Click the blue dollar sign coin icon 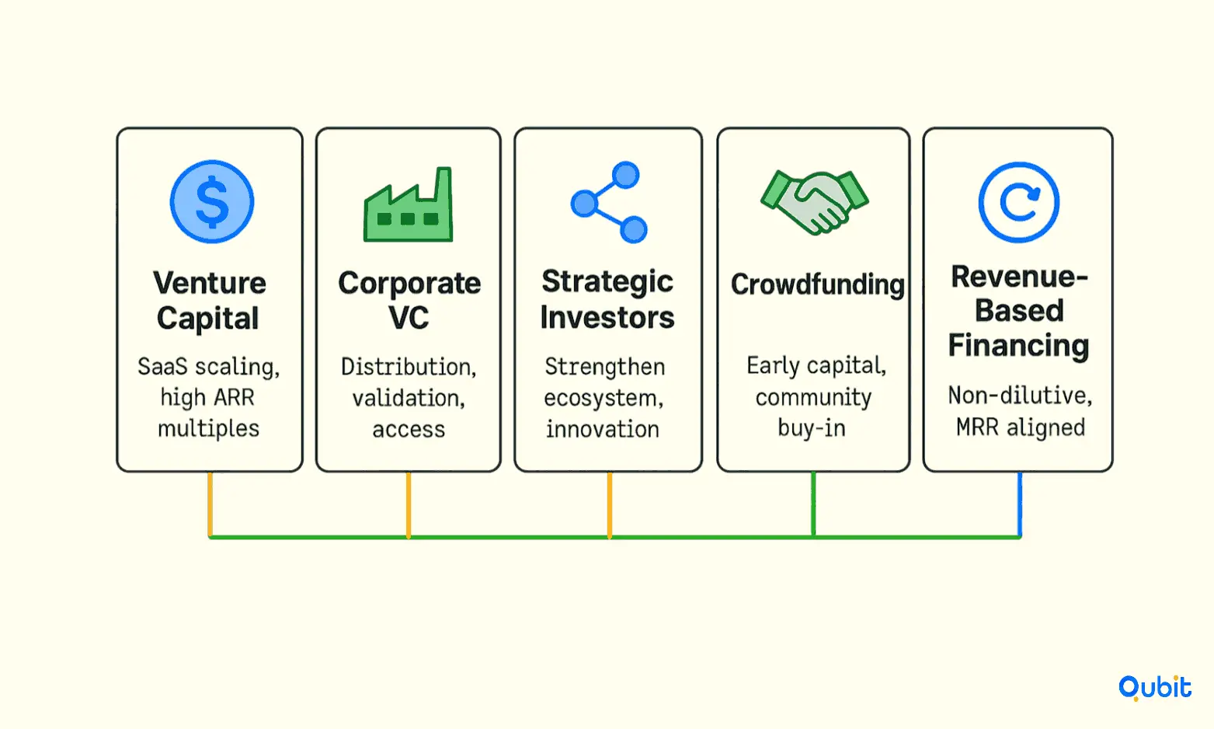[x=212, y=202]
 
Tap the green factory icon [x=408, y=204]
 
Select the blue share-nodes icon [x=609, y=202]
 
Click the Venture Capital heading [x=209, y=300]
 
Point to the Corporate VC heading [x=409, y=300]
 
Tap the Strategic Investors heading [x=607, y=299]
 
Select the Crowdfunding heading [x=817, y=284]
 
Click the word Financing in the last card [x=1019, y=346]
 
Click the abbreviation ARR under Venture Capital [x=234, y=398]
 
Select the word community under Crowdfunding [x=813, y=398]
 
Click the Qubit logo [x=1155, y=688]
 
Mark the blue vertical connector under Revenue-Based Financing [x=1020, y=504]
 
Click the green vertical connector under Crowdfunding [x=813, y=504]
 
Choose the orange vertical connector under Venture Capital [x=210, y=504]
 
